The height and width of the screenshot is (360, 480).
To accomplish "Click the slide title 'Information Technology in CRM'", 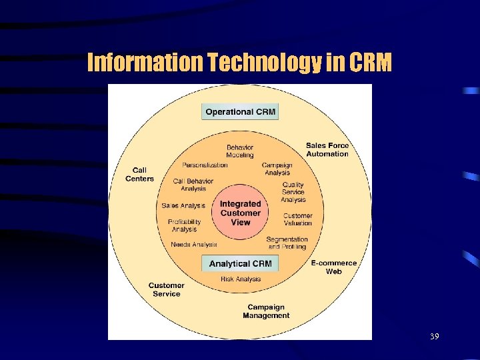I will click(240, 63).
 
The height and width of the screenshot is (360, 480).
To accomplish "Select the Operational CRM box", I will click(240, 111).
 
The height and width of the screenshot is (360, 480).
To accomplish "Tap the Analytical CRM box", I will click(240, 263).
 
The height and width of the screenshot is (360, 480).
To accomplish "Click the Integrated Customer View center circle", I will click(240, 213).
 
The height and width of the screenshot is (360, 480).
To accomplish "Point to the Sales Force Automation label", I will click(327, 150).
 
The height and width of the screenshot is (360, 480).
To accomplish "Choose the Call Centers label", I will click(139, 175).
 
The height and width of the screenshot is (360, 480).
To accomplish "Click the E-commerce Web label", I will click(333, 267).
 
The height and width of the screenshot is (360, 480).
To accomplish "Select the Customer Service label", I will click(166, 290).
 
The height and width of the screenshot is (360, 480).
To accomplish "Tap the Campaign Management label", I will click(266, 311).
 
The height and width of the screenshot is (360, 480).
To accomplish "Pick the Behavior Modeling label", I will click(240, 151).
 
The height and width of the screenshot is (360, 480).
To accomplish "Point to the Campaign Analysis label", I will click(277, 169).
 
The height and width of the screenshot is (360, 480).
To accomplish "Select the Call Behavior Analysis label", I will click(193, 185).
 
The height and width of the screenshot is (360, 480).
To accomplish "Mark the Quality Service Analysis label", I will click(293, 192).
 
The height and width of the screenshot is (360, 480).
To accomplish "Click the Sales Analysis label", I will click(183, 206).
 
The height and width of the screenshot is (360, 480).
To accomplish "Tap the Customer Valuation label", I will click(297, 219).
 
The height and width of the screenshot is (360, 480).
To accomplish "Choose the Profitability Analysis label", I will click(185, 225).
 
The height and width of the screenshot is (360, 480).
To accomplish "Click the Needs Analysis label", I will click(194, 245).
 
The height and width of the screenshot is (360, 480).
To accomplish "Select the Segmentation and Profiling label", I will click(287, 243).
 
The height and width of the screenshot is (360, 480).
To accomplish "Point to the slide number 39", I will click(434, 337).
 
